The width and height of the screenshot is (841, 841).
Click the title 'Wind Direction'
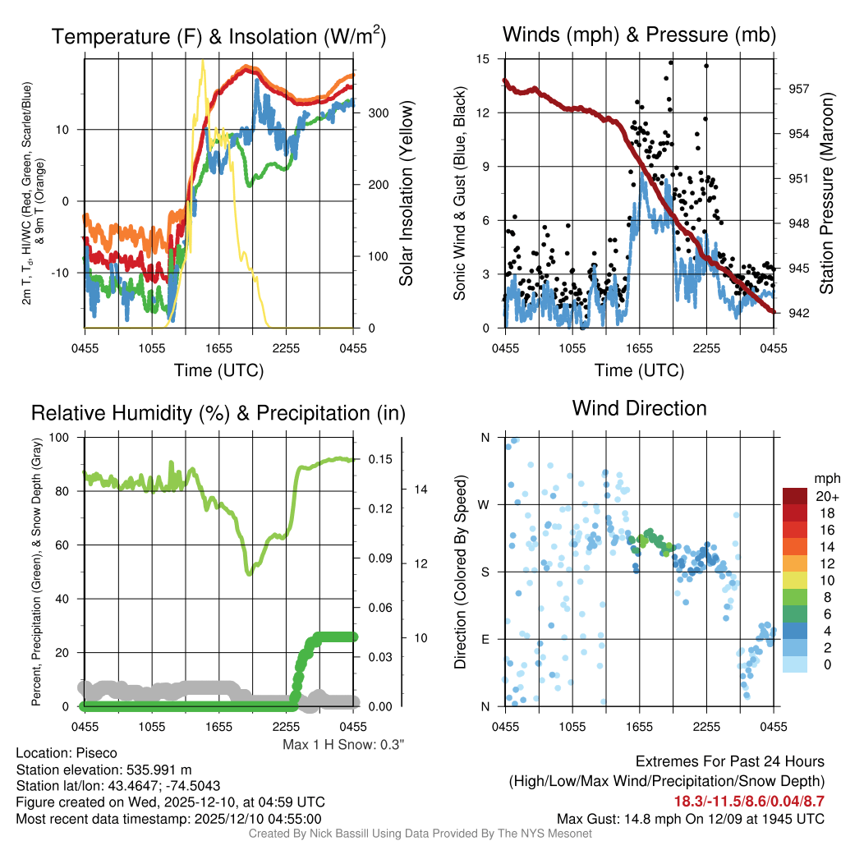point(639,408)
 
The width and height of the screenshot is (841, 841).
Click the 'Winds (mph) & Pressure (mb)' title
point(639,34)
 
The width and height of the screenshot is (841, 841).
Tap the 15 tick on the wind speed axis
point(483,58)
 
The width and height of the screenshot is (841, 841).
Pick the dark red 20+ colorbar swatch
point(797,496)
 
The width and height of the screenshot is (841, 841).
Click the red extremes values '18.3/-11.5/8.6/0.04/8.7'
point(749,800)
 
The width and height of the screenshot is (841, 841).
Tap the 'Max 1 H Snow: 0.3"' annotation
point(343,745)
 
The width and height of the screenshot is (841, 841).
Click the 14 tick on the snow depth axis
point(417,489)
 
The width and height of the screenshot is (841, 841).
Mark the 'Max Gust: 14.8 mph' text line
point(690,818)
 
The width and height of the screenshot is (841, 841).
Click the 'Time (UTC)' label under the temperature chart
point(219,370)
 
